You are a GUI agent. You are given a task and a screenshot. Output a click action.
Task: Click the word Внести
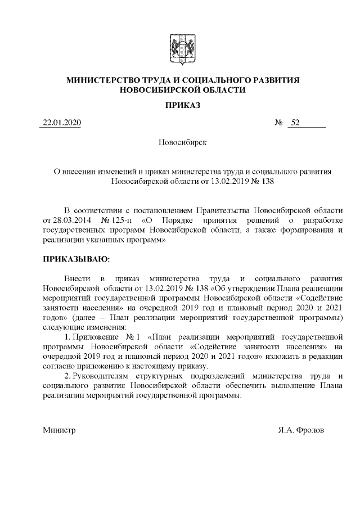pos(76,278)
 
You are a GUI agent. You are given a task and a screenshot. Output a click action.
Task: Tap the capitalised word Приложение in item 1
pos(93,337)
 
